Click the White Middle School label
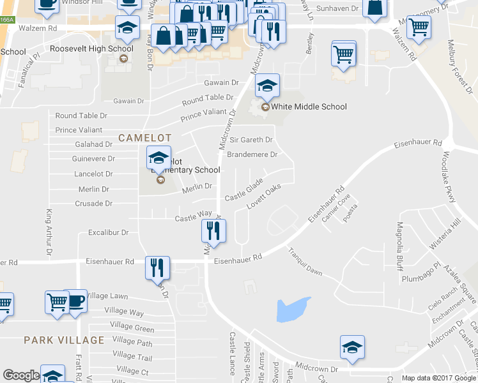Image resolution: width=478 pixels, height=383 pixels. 309,107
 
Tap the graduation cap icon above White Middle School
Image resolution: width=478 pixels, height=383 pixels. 267,85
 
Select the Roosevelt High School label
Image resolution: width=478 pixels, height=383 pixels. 92,49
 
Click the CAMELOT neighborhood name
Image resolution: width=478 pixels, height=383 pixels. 145,138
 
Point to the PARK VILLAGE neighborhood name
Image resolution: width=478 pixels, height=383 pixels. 64,340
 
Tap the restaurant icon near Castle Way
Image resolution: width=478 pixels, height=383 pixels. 213,231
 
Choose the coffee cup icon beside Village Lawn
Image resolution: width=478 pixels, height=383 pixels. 75,301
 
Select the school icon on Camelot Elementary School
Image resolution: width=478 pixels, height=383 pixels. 158,157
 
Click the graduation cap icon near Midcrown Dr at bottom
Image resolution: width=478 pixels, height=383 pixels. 351,347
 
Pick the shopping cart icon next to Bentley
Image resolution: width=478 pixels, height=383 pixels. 344,54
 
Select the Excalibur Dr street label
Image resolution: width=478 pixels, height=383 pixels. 109,233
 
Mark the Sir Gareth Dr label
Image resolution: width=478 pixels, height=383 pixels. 251,140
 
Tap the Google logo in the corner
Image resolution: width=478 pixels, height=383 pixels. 21,375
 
